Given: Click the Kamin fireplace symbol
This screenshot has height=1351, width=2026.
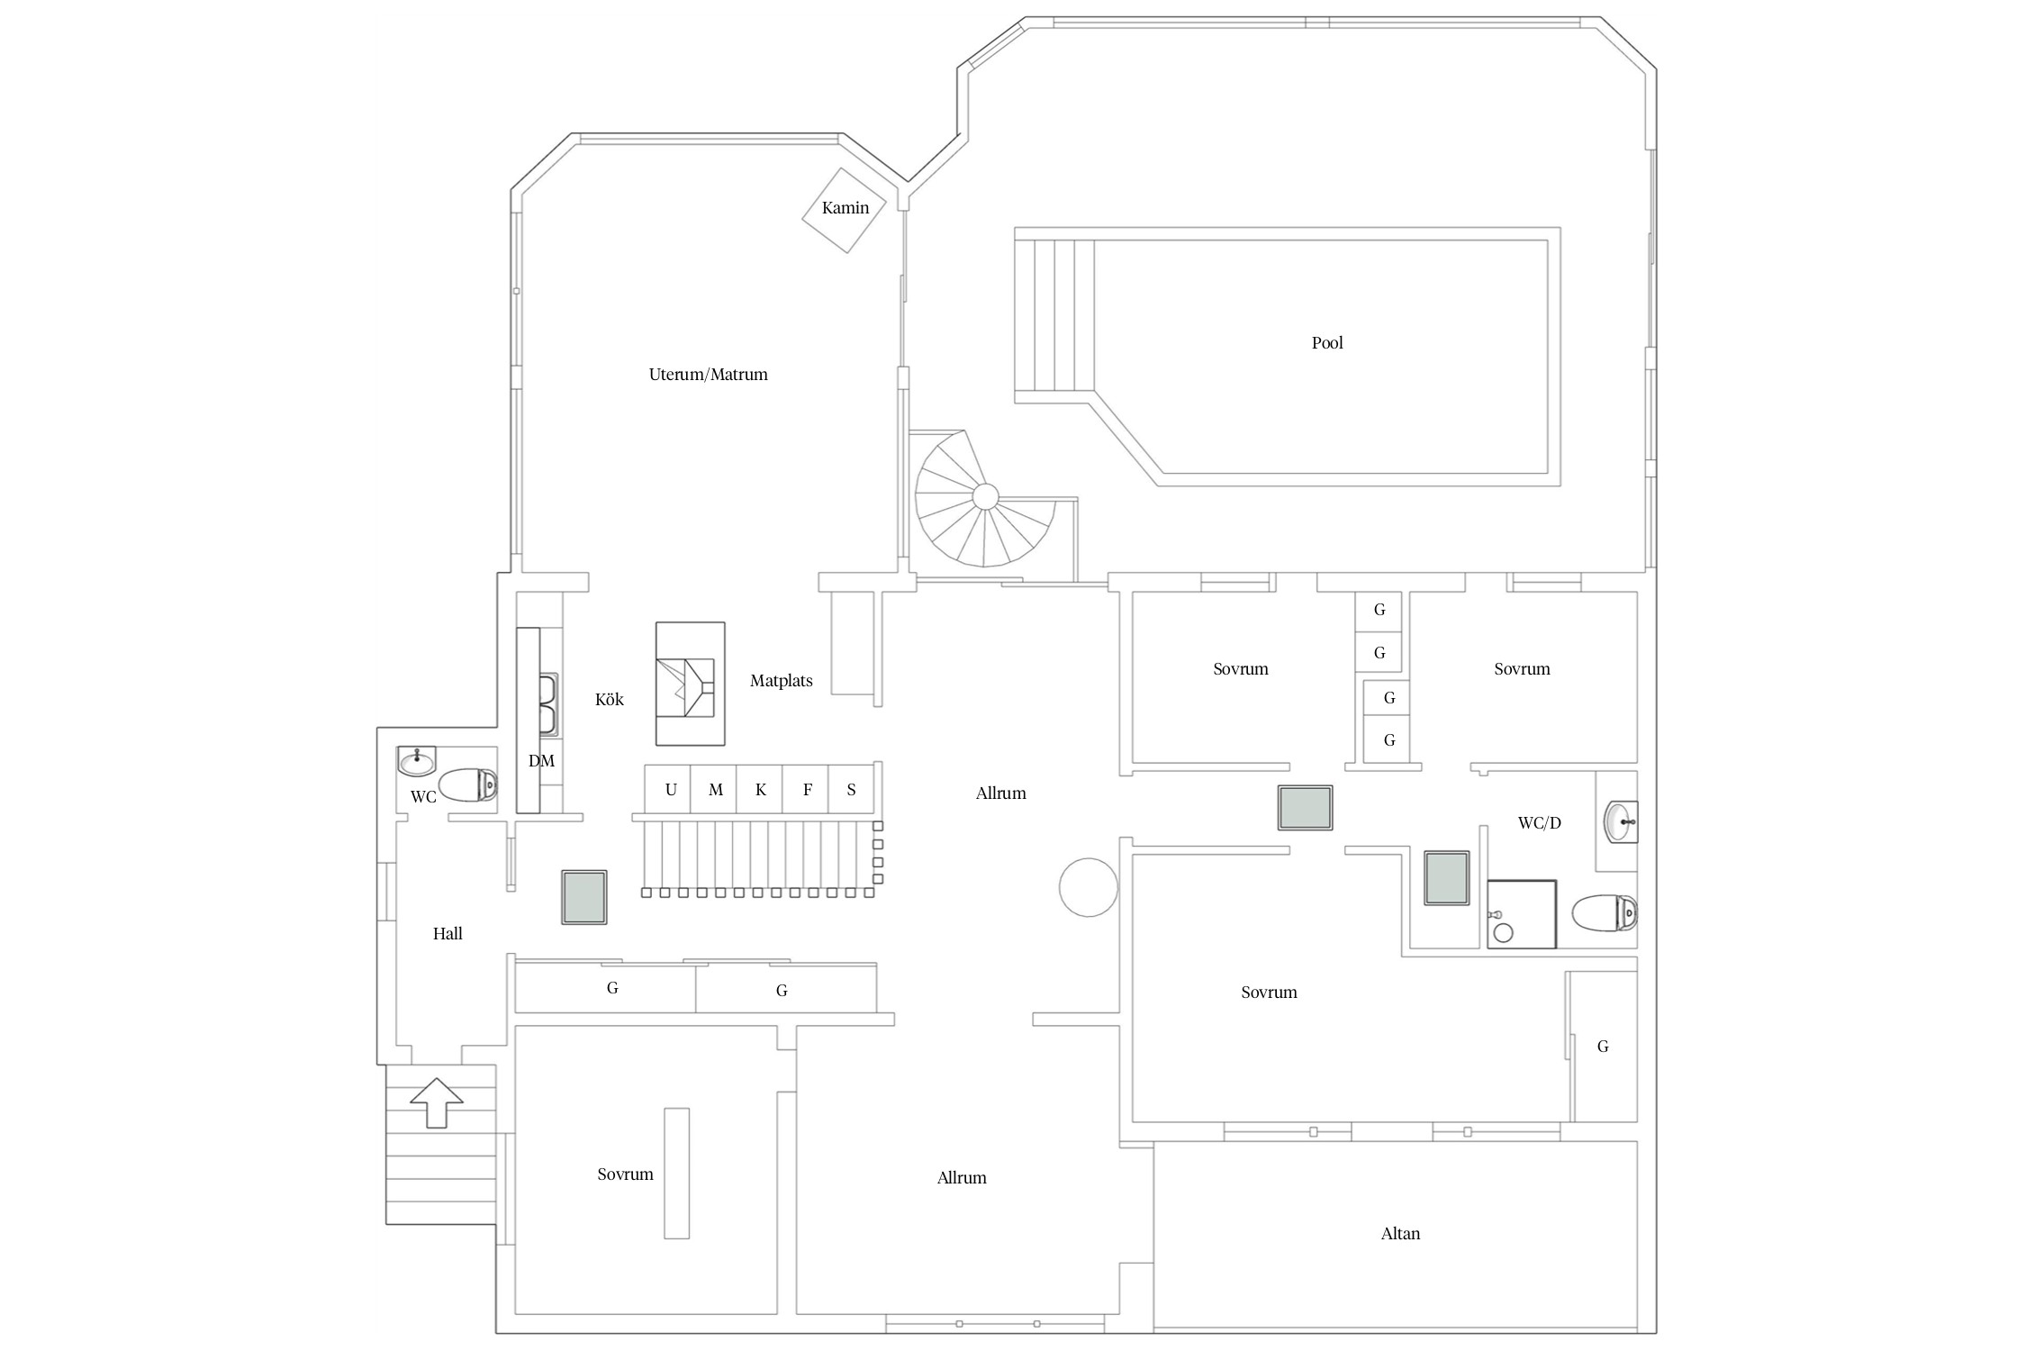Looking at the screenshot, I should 845,210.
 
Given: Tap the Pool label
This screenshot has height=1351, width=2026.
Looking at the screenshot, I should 1326,343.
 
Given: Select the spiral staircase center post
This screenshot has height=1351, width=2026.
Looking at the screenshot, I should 985,496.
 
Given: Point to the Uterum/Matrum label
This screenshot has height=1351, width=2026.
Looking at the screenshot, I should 708,375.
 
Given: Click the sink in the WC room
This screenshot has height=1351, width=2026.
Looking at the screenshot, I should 417,762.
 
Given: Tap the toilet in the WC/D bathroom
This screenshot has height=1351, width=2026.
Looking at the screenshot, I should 1605,913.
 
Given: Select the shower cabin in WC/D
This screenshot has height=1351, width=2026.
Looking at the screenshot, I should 1522,914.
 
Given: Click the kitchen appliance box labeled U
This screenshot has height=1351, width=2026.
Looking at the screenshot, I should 669,790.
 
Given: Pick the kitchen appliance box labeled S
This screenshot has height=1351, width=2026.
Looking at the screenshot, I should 851,790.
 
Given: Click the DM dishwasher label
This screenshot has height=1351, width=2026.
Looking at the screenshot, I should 540,761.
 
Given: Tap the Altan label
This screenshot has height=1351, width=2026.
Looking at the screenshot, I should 1400,1234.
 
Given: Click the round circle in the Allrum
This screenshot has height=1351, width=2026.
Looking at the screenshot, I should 1088,887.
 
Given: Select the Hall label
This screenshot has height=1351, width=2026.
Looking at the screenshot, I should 448,934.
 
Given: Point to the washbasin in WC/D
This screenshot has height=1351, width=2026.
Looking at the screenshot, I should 1620,821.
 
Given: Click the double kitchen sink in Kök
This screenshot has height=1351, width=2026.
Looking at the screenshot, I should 547,703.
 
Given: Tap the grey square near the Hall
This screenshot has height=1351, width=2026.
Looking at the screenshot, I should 584,897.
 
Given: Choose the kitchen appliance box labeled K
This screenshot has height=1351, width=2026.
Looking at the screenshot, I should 760,790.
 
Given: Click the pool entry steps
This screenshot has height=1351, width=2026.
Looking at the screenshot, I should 1054,315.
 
